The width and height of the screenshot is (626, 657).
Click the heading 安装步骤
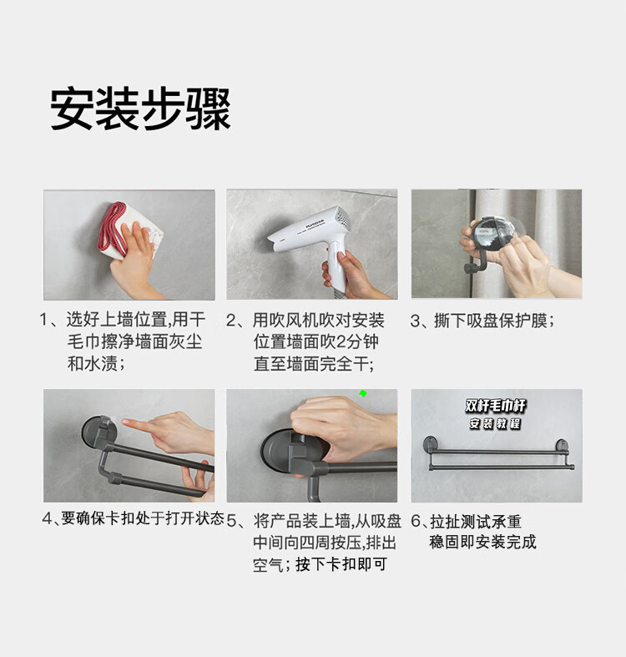click(141, 109)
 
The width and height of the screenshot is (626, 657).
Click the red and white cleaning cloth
click(130, 230)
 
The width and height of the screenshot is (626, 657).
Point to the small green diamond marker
click(363, 393)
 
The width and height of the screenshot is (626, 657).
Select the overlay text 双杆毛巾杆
click(495, 406)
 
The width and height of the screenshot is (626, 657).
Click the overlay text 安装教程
click(495, 423)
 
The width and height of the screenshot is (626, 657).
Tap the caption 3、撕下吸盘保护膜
click(482, 321)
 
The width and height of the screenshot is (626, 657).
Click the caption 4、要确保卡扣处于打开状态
click(134, 518)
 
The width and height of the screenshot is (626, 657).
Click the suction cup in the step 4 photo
click(99, 432)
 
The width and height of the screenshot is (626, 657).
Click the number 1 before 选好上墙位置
click(43, 320)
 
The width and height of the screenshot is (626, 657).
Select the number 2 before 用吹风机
click(231, 321)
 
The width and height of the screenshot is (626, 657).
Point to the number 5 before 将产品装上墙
click(232, 521)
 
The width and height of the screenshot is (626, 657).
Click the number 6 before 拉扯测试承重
click(416, 521)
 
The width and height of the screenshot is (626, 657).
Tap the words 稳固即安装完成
click(482, 542)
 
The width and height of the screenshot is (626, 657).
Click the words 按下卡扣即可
click(341, 564)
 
